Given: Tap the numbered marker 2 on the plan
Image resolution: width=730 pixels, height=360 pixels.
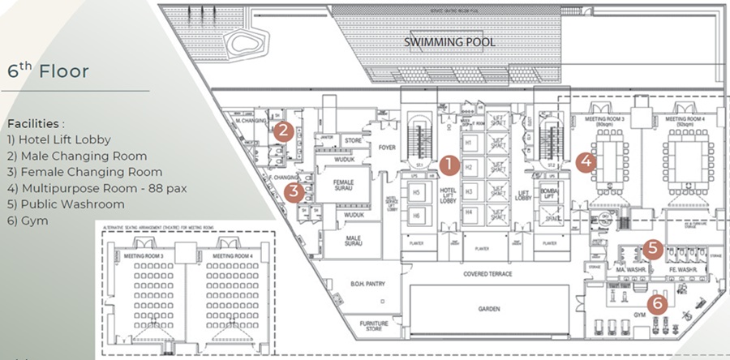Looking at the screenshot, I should [x=282, y=129].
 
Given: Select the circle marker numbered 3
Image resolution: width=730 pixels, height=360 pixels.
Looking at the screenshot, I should [x=294, y=191].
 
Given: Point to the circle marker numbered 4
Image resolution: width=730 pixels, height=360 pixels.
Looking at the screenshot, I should [x=587, y=161].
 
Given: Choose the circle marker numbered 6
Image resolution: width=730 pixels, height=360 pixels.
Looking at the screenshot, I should [x=659, y=303].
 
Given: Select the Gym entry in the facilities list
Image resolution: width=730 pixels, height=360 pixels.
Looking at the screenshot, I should [x=28, y=221].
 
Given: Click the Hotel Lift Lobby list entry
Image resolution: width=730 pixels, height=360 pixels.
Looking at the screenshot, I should [x=58, y=139].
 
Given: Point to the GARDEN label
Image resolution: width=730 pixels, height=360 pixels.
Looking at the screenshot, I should [x=488, y=309].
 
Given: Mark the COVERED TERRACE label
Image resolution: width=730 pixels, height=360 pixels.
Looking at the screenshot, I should [x=487, y=274].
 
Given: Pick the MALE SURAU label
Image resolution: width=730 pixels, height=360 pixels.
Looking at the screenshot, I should [x=351, y=242].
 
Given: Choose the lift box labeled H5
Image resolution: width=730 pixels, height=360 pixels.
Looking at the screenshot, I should [x=416, y=192].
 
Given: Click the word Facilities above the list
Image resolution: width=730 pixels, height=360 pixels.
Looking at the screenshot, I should [x=35, y=124].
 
